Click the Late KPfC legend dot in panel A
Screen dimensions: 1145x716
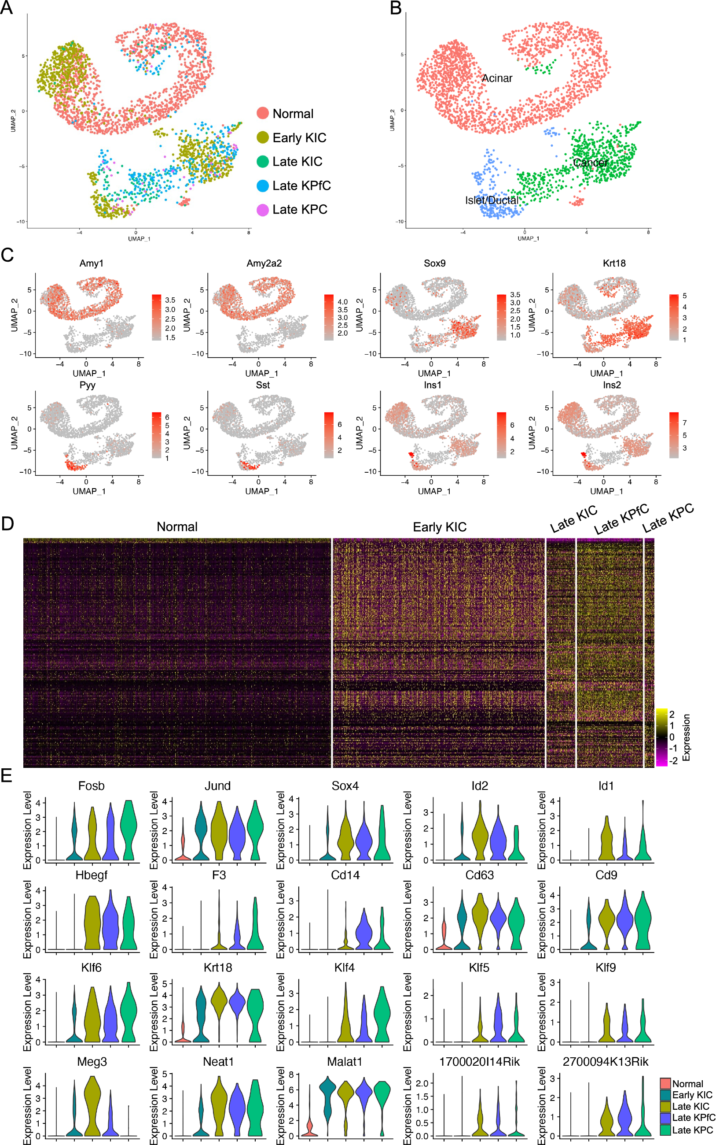263,186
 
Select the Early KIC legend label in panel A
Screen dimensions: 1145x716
299,138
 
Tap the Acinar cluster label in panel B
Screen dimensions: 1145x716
497,78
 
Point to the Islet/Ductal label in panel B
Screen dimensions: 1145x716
492,200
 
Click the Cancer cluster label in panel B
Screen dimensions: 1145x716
590,163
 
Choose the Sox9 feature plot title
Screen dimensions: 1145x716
434,263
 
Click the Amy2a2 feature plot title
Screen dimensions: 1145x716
264,263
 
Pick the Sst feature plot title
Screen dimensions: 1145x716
262,385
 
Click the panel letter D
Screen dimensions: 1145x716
7,523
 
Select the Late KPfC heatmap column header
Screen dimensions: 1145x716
621,519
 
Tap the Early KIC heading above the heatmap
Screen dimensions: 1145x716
440,527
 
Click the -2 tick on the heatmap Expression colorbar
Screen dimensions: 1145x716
673,760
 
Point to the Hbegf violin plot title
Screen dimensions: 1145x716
92,875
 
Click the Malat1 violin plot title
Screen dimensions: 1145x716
344,1062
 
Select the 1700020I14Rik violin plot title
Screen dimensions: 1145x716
479,1062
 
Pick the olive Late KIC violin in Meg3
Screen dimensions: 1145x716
92,1104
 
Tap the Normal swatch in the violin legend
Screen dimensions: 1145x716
665,1083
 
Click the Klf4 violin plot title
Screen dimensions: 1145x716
344,967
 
